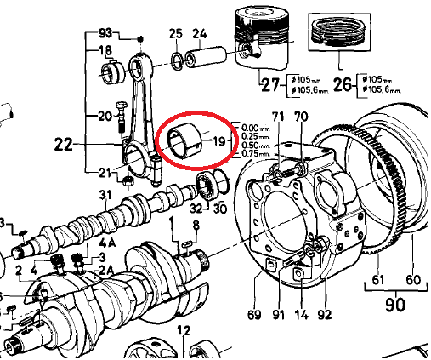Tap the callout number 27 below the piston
pos(269,85)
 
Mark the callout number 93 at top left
pos(105,33)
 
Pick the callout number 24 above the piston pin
pos(200,34)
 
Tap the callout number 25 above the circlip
pos(176,34)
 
